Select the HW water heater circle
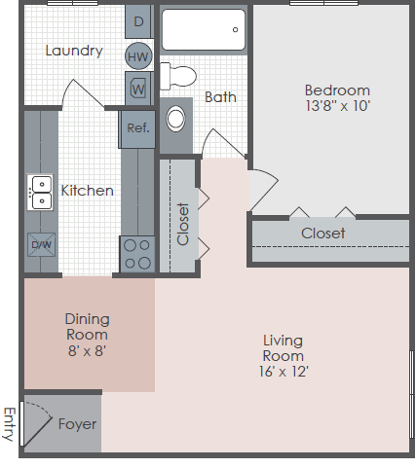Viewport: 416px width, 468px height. coord(137,56)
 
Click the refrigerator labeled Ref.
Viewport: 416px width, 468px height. coord(137,126)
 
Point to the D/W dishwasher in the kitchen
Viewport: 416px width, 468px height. coord(41,244)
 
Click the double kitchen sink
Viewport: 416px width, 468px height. coord(41,193)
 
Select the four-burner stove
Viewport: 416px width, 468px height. coord(137,254)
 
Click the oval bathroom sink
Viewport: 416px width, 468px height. coord(176,120)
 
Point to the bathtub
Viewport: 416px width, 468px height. coord(203,30)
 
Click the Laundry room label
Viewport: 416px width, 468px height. coord(74,51)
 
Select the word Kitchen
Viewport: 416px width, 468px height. coord(88,191)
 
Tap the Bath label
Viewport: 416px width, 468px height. coord(220,97)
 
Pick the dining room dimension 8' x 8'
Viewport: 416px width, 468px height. coord(87,350)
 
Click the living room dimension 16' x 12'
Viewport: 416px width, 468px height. coord(283,372)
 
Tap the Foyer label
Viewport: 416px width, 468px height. coord(76,424)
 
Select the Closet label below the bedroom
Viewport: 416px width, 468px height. coord(322,234)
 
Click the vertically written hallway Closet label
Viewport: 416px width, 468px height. coord(183,225)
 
